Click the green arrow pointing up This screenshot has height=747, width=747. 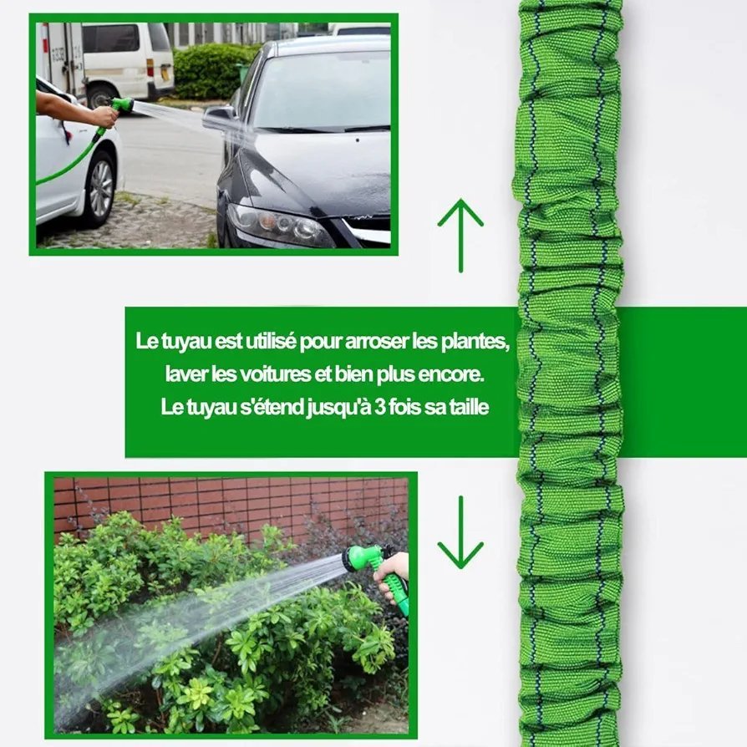pyautogui.click(x=460, y=236)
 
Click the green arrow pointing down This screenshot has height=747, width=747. pyautogui.click(x=460, y=532)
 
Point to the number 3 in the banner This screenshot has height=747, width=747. pyautogui.click(x=379, y=407)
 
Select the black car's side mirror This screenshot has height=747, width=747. pyautogui.click(x=219, y=119)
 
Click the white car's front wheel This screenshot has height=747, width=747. pyautogui.click(x=100, y=189)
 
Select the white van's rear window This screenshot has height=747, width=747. pyautogui.click(x=110, y=38)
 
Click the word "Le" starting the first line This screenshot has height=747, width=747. pyautogui.click(x=145, y=342)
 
